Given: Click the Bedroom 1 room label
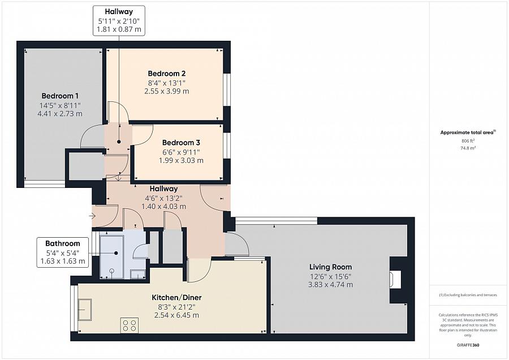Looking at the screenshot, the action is click(60, 96).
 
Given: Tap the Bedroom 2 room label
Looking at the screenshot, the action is click(166, 74).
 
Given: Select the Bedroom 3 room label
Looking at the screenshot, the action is click(181, 143).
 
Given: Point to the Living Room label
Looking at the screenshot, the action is click(330, 267).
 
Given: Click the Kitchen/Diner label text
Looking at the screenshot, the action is click(176, 298).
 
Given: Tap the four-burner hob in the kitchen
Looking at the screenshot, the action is click(129, 325).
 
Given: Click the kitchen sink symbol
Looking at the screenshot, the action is click(84, 310).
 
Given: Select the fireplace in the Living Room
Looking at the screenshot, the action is click(395, 280).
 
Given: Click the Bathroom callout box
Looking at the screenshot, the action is click(63, 252).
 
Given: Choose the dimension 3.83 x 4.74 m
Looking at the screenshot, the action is click(330, 285).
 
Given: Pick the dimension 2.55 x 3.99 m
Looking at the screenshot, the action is click(166, 91).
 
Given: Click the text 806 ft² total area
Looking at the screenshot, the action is click(468, 141).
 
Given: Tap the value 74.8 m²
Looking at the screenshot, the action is click(468, 148).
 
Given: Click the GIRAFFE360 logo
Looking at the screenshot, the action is click(468, 345).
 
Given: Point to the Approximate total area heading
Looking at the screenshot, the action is click(468, 132).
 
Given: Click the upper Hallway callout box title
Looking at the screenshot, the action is click(119, 12).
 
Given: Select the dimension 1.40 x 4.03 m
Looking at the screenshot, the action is click(163, 207).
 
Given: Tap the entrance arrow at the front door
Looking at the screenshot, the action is click(92, 216).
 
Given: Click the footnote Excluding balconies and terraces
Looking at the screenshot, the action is click(468, 295).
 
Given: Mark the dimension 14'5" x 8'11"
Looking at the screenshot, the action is click(60, 105).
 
